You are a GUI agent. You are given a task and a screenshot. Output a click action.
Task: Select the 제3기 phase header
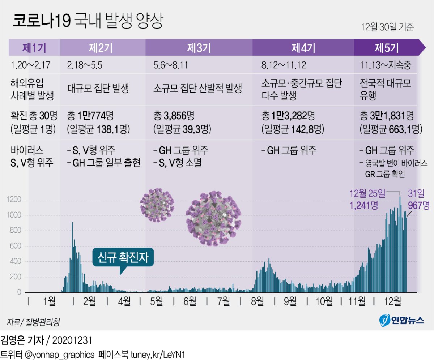pyautogui.click(x=199, y=47)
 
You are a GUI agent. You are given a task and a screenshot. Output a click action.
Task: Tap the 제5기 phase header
pyautogui.click(x=387, y=47)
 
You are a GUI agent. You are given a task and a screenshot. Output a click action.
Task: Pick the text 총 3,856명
pyautogui.click(x=174, y=116)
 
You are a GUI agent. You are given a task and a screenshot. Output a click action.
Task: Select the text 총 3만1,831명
pyautogui.click(x=387, y=116)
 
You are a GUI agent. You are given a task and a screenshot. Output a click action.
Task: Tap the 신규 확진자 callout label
pyautogui.click(x=123, y=257)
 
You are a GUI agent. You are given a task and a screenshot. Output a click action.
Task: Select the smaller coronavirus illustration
pyautogui.click(x=157, y=205)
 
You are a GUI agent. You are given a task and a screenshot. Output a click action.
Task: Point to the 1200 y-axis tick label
pyautogui.click(x=15, y=200)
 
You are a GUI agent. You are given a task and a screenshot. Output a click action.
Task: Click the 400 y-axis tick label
pyautogui.click(x=17, y=261)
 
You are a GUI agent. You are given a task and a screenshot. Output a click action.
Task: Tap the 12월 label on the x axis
pyautogui.click(x=392, y=301)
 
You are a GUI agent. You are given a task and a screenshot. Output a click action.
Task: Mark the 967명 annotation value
pyautogui.click(x=419, y=205)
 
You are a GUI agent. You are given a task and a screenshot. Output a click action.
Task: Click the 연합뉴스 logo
pyautogui.click(x=401, y=320)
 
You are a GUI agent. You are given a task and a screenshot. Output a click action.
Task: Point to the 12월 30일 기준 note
pyautogui.click(x=387, y=27)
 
